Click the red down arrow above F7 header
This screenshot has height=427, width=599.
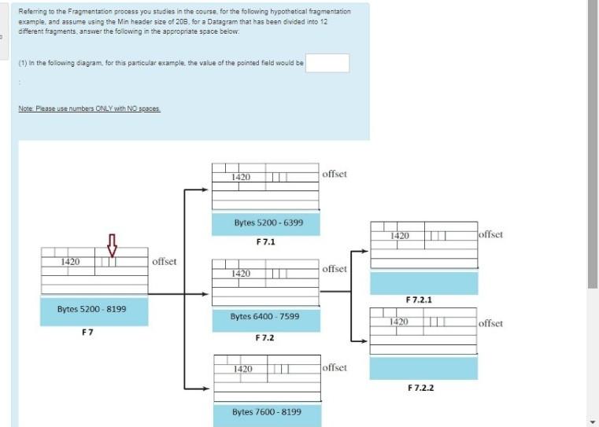pyautogui.click(x=112, y=245)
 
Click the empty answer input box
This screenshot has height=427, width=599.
pyautogui.click(x=327, y=63)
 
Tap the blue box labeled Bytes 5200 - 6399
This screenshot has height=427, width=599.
pyautogui.click(x=266, y=223)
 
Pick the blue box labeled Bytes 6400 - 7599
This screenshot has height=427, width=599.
pyautogui.click(x=266, y=318)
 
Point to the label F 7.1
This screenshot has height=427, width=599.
pyautogui.click(x=265, y=242)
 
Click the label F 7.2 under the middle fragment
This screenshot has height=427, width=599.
pyautogui.click(x=265, y=337)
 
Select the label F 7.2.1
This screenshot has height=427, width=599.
pyautogui.click(x=419, y=300)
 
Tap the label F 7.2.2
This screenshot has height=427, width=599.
pyautogui.click(x=421, y=388)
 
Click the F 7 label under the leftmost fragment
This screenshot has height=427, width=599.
pyautogui.click(x=87, y=332)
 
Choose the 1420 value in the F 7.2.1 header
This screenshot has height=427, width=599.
pyautogui.click(x=400, y=236)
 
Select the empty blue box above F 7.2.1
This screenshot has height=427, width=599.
pyautogui.click(x=423, y=282)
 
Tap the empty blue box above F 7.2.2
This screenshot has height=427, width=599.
pyautogui.click(x=423, y=368)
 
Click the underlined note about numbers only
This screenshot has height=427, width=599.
pyautogui.click(x=90, y=109)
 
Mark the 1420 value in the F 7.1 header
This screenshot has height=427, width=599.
pyautogui.click(x=241, y=178)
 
